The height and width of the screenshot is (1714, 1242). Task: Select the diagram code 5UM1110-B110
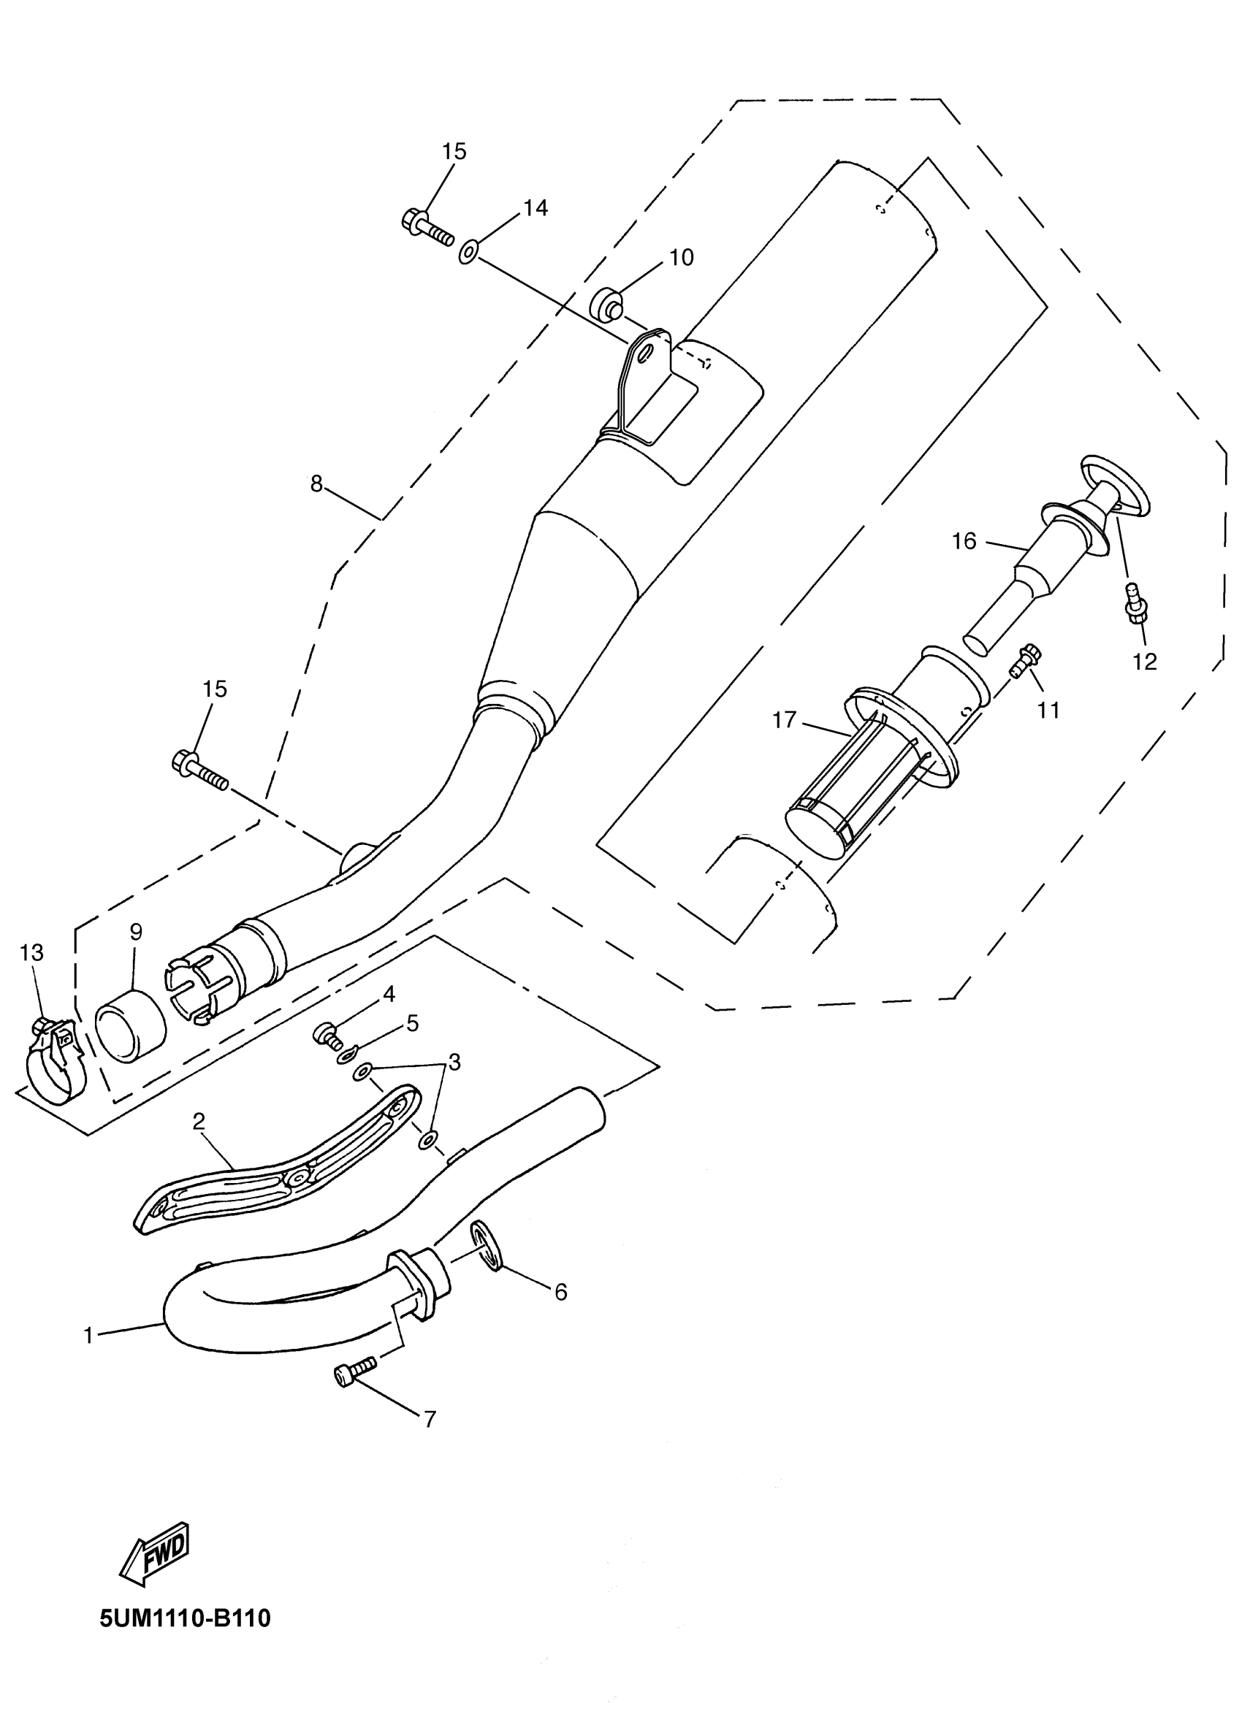pos(185,1618)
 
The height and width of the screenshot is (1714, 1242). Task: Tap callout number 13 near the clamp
pos(31,953)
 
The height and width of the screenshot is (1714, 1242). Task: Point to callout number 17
pos(784,720)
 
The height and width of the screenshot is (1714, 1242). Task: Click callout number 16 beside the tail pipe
pos(964,541)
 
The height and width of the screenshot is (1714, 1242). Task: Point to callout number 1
pos(88,1336)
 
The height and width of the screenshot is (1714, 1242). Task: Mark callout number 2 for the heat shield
pos(199,1122)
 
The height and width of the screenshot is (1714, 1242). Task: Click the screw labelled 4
pos(326,1033)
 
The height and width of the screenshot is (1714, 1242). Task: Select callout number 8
pos(317,483)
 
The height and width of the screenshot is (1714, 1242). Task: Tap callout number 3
pos(454,1063)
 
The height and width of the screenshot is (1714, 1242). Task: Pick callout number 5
pos(412,1023)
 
